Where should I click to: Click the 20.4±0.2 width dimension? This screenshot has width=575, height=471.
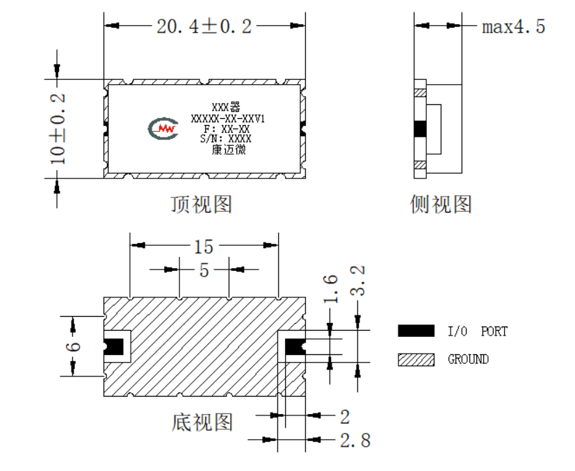[x=204, y=26]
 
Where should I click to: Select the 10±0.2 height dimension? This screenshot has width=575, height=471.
[x=58, y=129]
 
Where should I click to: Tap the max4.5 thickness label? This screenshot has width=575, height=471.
[x=513, y=27]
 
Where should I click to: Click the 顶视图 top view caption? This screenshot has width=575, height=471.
[x=202, y=204]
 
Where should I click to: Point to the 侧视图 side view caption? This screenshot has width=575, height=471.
[x=440, y=204]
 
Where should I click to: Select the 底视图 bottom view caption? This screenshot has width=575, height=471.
[x=202, y=422]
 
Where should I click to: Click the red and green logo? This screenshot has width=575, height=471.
[x=163, y=129]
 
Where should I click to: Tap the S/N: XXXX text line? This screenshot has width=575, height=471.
[x=226, y=138]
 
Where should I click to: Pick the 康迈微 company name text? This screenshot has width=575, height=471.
[x=229, y=149]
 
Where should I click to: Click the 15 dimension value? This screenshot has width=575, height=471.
[x=204, y=247]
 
